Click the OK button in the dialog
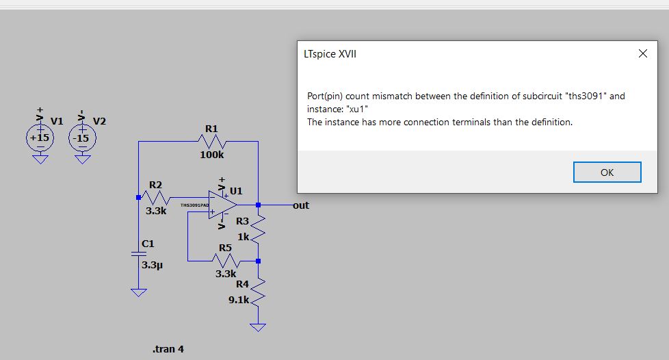coord(607,172)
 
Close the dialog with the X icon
coord(642,54)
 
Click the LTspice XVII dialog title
coord(330,54)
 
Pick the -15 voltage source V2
coord(82,137)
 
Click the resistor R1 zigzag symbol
coord(211,141)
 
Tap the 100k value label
coord(211,155)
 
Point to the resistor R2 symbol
coord(156,198)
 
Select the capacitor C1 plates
coord(139,255)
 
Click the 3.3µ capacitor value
coord(150,264)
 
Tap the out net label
coord(301,205)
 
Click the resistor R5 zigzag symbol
coord(225,261)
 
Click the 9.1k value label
coord(239,300)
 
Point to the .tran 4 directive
coord(168,349)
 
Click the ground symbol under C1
coord(139,292)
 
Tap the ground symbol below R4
coord(258,326)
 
